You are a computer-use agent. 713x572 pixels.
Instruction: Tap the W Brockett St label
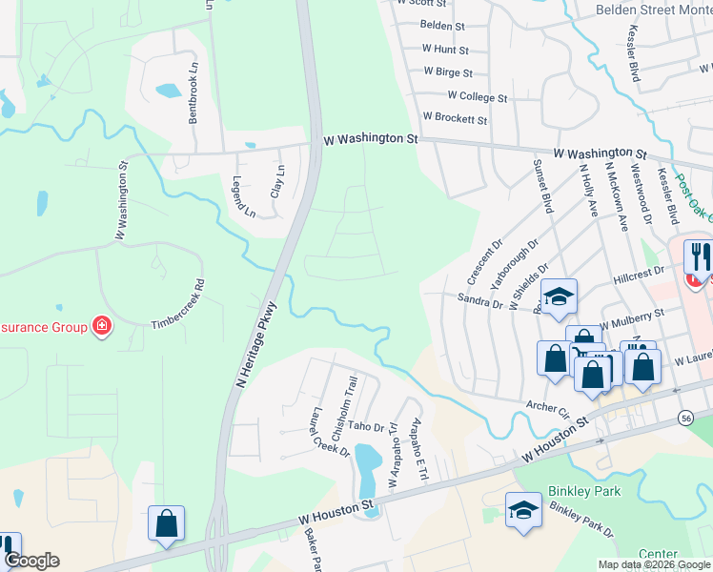pos(455,121)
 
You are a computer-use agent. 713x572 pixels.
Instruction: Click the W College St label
pos(478,97)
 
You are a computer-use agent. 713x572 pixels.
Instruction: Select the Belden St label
pos(442,26)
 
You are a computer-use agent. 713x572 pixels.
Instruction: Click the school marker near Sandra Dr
pos(559,296)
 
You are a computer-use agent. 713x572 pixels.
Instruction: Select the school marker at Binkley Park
pos(523,508)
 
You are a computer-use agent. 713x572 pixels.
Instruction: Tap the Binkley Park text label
pos(584,492)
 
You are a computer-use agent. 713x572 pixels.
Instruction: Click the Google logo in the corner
pos(31,561)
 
